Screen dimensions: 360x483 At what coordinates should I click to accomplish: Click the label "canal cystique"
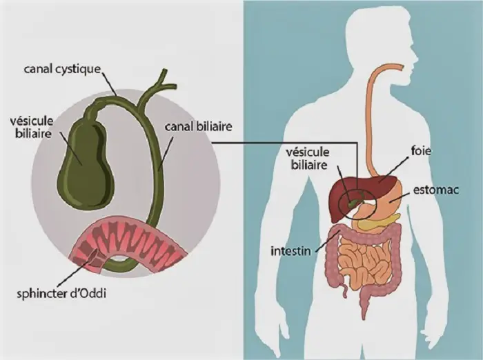pos(62,69)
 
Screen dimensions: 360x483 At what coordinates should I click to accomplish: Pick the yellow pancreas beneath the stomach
pos(383,222)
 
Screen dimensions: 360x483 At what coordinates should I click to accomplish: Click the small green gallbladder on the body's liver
pos(353,203)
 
